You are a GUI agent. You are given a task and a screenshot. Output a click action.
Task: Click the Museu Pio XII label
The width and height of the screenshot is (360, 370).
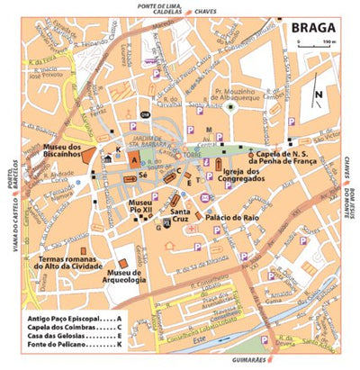(140, 208)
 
